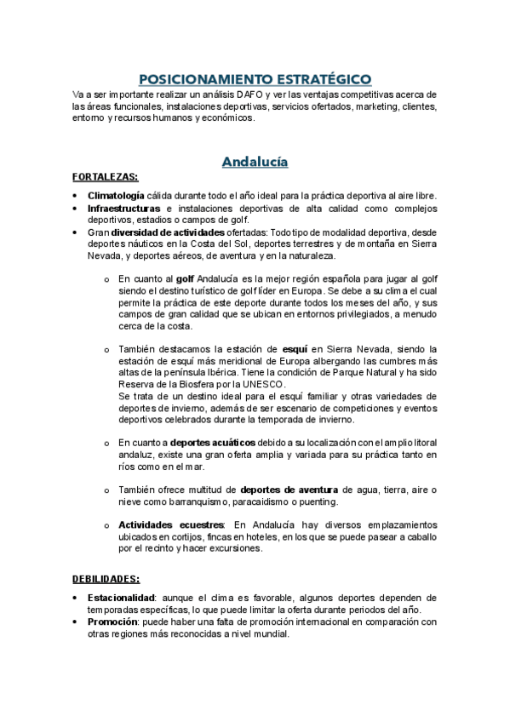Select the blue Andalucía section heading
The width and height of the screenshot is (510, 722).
[x=255, y=161]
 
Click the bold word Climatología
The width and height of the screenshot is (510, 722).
[x=117, y=196]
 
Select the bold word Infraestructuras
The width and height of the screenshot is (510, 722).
[x=123, y=208]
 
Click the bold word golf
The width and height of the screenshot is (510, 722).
[x=186, y=278]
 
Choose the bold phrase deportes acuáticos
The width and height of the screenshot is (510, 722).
[x=213, y=443]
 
